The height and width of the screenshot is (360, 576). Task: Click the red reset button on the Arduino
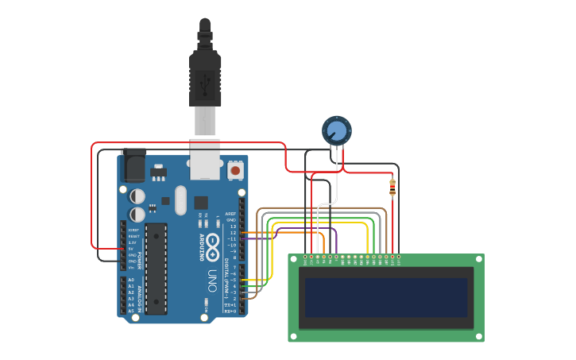click(x=235, y=169)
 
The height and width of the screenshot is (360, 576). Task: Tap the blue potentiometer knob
click(x=336, y=130)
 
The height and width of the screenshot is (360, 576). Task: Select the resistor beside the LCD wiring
click(x=392, y=188)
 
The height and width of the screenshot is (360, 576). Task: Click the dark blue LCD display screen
click(x=386, y=297)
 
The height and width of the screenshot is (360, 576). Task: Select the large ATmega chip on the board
click(x=156, y=269)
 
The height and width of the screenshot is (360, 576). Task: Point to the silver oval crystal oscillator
click(x=180, y=200)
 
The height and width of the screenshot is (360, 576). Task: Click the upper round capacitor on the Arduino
click(x=137, y=195)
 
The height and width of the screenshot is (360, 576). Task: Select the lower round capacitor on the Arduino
click(x=137, y=214)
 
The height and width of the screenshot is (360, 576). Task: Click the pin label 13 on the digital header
click(x=233, y=226)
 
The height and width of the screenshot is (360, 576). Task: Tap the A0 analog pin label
click(x=131, y=280)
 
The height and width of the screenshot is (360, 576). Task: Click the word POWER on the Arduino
click(x=141, y=259)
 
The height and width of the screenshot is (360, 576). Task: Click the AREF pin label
click(x=231, y=214)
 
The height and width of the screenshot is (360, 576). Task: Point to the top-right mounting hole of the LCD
click(x=478, y=259)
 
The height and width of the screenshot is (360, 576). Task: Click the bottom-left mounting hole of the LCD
click(x=293, y=336)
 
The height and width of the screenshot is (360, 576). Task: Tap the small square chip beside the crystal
click(x=201, y=203)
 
